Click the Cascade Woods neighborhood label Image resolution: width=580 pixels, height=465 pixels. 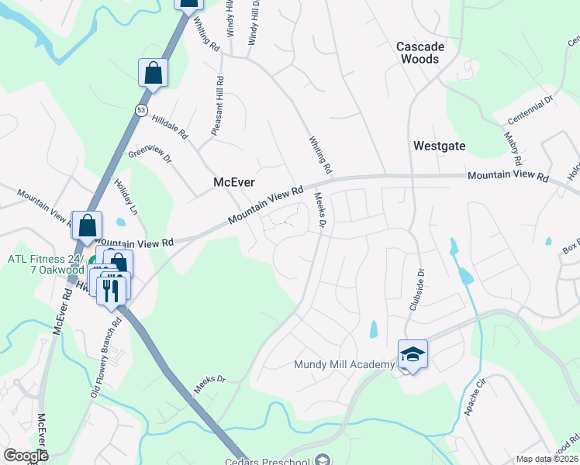pyautogui.click(x=420, y=53)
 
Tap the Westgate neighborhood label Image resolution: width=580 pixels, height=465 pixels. pyautogui.click(x=439, y=145)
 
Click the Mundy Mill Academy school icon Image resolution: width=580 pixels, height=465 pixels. pyautogui.click(x=413, y=355)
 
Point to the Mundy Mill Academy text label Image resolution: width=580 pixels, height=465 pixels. pyautogui.click(x=344, y=365)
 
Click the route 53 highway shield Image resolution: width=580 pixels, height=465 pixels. pyautogui.click(x=141, y=108)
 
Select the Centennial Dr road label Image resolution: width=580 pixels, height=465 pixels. pyautogui.click(x=530, y=109)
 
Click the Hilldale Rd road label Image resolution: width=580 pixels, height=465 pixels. pyautogui.click(x=171, y=126)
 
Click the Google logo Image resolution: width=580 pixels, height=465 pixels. pyautogui.click(x=26, y=456)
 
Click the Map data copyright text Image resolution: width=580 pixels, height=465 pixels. pyautogui.click(x=547, y=459)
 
